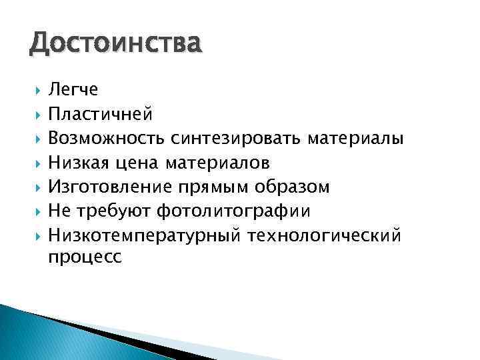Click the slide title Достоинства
[114, 45]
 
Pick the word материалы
[355, 139]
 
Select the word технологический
[325, 235]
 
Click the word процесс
[85, 259]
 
